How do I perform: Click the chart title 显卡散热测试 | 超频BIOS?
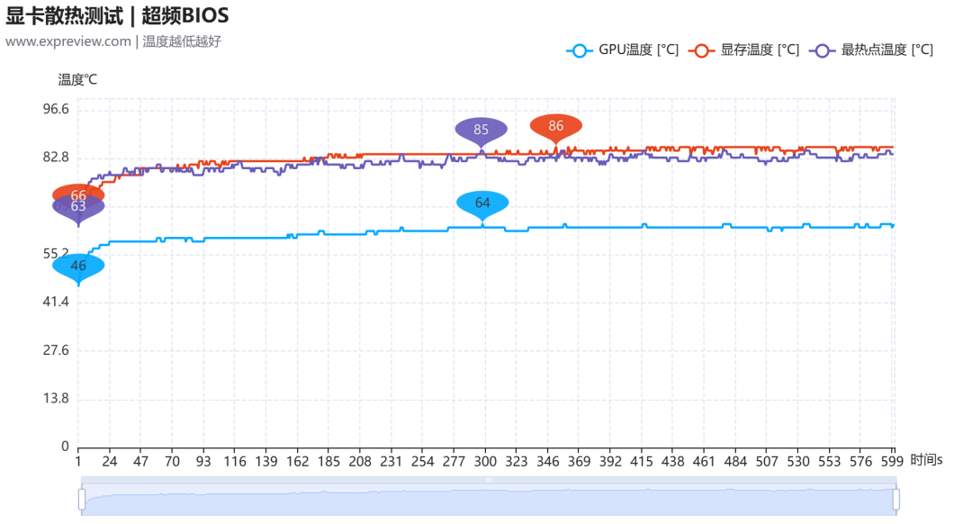(x=117, y=15)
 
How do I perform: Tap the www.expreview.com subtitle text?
(x=68, y=41)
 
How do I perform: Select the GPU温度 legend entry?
(x=623, y=50)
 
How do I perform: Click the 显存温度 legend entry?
(x=744, y=50)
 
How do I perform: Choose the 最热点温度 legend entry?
(x=871, y=50)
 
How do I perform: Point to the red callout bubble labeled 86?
(x=555, y=127)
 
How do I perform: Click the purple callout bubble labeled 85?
(x=481, y=131)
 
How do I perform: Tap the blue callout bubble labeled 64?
(x=482, y=203)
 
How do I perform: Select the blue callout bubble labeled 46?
(x=78, y=267)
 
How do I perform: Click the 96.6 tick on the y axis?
(x=56, y=109)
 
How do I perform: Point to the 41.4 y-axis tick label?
(x=56, y=302)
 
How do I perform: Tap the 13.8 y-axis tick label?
(x=56, y=398)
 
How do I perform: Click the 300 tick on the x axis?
(x=485, y=461)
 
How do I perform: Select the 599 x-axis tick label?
(x=892, y=461)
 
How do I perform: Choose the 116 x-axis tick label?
(x=235, y=461)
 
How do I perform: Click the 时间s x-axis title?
(x=926, y=460)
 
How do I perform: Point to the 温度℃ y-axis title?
(x=77, y=79)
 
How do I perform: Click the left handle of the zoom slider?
(x=82, y=499)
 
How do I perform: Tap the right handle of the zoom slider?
(x=895, y=499)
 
